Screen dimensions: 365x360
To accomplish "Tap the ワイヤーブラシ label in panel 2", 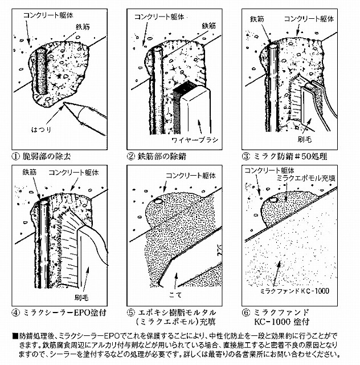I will tap(194, 139).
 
